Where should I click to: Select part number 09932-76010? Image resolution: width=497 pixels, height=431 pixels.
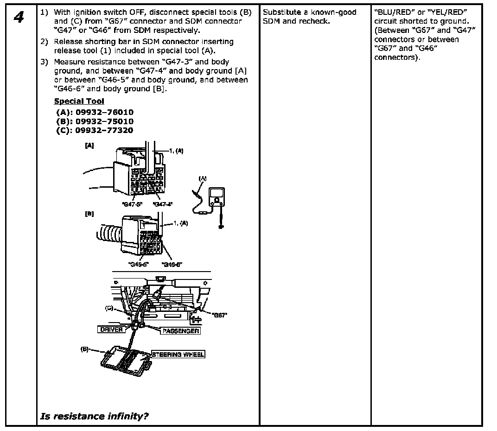pyautogui.click(x=95, y=112)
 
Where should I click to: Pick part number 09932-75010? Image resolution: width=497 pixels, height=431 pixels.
pyautogui.click(x=95, y=121)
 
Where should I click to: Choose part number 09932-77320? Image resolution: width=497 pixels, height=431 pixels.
pyautogui.click(x=95, y=130)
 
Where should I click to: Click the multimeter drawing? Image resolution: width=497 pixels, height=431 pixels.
pyautogui.click(x=216, y=197)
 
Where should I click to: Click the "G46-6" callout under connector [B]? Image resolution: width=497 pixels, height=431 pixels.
pyautogui.click(x=172, y=264)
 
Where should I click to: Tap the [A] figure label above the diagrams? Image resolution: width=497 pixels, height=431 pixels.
pyautogui.click(x=89, y=145)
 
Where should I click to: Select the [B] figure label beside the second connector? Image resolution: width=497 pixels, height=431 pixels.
pyautogui.click(x=89, y=214)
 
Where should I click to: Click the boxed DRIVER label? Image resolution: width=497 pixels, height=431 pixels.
pyautogui.click(x=111, y=330)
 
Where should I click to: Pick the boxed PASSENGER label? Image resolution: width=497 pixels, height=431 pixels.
pyautogui.click(x=180, y=331)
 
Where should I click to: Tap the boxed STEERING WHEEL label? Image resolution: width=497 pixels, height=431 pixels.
pyautogui.click(x=178, y=355)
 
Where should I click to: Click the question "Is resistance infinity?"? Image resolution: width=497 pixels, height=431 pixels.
pyautogui.click(x=95, y=416)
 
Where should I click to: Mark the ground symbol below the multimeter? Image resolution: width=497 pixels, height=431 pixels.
pyautogui.click(x=222, y=227)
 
